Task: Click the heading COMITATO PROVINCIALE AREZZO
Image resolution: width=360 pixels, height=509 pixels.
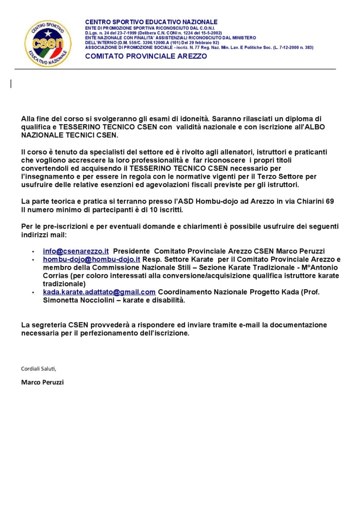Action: click(x=146, y=56)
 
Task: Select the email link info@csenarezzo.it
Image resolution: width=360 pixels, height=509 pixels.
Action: click(x=76, y=251)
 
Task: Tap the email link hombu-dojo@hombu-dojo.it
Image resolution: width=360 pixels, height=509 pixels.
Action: click(x=91, y=259)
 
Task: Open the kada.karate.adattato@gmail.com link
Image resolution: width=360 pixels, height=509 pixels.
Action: click(x=99, y=292)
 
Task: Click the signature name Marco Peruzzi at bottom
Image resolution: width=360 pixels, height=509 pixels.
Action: click(x=43, y=382)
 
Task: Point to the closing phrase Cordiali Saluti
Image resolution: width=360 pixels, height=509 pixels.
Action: click(x=39, y=368)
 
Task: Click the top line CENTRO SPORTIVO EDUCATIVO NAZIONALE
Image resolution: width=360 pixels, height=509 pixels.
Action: click(x=151, y=22)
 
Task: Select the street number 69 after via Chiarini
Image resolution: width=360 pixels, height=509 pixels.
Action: click(x=329, y=201)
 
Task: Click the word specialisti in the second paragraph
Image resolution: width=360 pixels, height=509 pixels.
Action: click(x=94, y=153)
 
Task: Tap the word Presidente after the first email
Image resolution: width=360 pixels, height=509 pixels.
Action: click(x=131, y=251)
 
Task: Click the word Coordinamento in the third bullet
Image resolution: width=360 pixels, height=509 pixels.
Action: click(x=183, y=292)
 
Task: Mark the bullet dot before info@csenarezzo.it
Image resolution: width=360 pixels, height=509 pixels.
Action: click(x=33, y=252)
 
